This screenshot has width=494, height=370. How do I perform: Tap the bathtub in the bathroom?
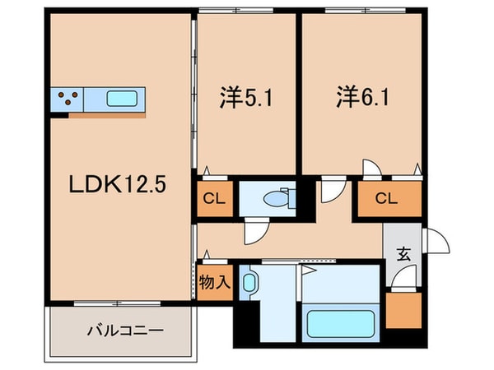click(x=339, y=321)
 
